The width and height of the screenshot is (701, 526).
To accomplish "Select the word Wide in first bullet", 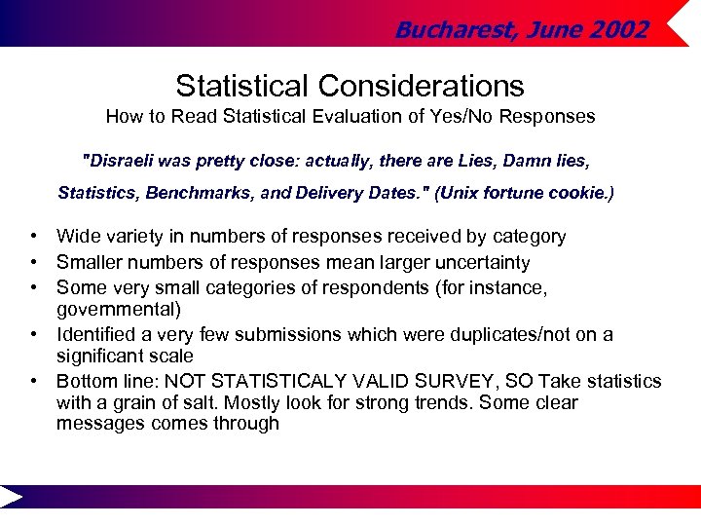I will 77,236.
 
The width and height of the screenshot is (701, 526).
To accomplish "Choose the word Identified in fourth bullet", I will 94,335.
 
